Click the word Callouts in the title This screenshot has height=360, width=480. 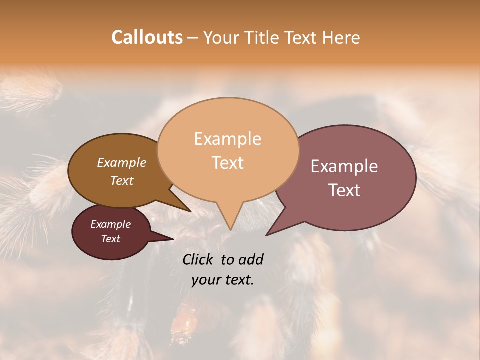(147, 37)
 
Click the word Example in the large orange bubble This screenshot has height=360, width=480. (227, 139)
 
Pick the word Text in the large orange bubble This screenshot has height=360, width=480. (227, 163)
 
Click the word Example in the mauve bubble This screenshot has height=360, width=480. (344, 166)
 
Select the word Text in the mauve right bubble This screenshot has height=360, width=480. (344, 190)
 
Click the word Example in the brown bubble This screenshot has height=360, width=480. (121, 162)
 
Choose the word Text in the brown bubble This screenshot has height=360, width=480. (121, 180)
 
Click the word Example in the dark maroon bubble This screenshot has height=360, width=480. (110, 224)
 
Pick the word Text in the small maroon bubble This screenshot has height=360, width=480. (110, 239)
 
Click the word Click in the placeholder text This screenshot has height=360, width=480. (199, 259)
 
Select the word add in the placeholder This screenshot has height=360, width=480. (251, 259)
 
